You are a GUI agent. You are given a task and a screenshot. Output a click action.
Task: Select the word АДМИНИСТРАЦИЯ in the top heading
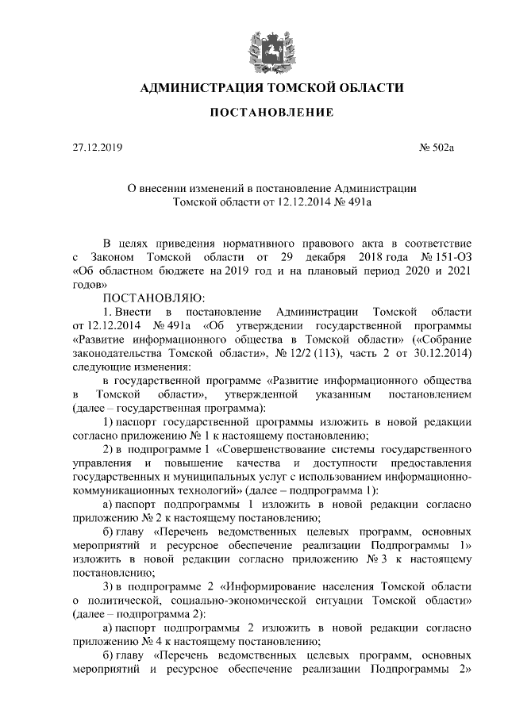click(204, 87)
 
